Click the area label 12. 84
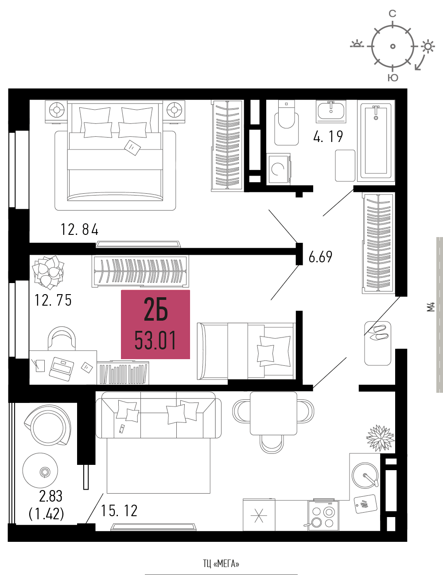(79, 230)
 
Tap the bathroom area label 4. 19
(328, 137)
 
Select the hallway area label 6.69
(320, 257)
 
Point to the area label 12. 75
(53, 300)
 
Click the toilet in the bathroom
(287, 123)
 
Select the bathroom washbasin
(331, 111)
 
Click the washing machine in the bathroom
(279, 168)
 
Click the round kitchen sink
(365, 475)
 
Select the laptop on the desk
(61, 368)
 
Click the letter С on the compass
(392, 14)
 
